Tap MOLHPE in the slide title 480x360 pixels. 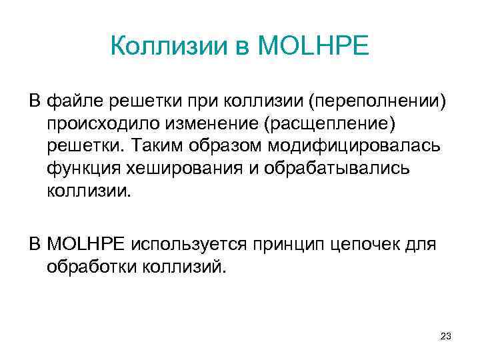[312, 47]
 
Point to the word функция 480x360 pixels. [79, 169]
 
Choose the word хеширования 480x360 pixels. [176, 169]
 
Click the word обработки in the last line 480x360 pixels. [92, 267]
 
